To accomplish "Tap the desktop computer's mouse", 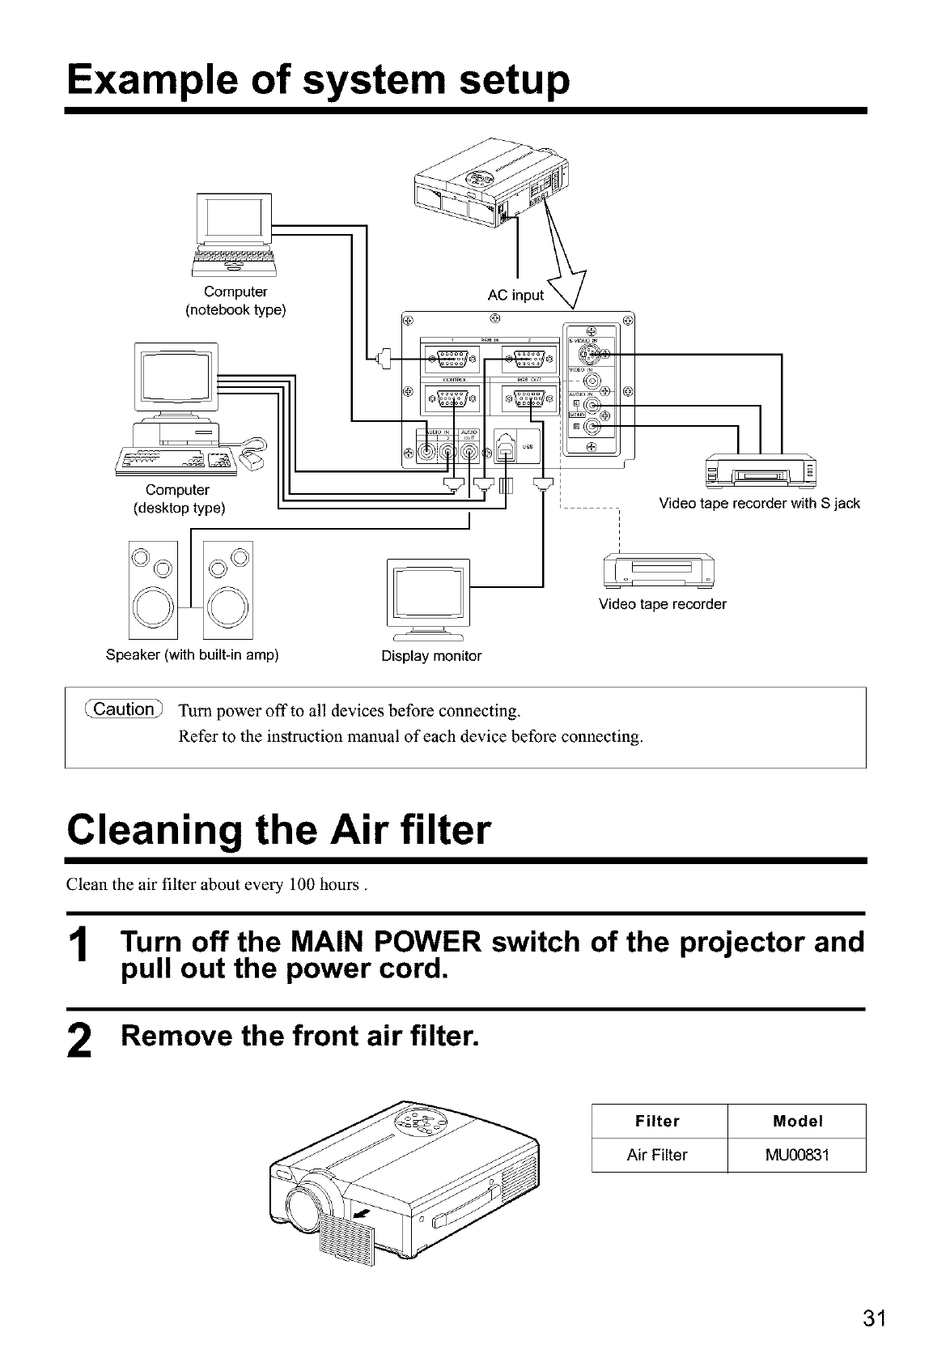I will (255, 461).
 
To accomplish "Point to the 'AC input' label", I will (515, 296).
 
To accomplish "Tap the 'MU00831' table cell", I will (797, 1155).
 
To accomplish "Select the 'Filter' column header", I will (657, 1122).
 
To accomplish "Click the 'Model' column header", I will (797, 1122).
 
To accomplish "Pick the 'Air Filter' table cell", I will (657, 1155).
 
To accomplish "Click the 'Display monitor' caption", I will (431, 656).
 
